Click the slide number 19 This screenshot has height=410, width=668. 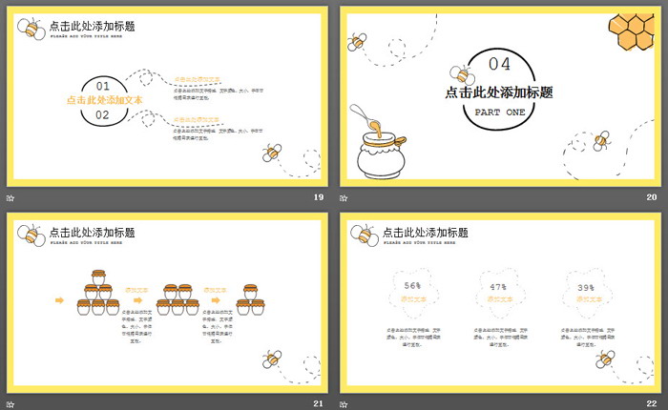coord(318,196)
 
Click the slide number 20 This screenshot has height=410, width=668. coord(652,196)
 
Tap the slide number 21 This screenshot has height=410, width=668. coord(318,403)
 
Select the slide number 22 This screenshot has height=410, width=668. coord(652,403)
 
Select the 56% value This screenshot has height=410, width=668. coord(412,285)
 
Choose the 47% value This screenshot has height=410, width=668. coord(497,286)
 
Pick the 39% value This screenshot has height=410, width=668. coord(585,287)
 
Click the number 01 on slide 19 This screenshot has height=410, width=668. coord(103,85)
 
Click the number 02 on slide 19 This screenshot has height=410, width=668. coord(103,115)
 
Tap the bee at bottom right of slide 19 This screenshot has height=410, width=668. coord(274,152)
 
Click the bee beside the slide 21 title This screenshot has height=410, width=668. coord(31,235)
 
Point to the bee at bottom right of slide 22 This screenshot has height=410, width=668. coord(604,359)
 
